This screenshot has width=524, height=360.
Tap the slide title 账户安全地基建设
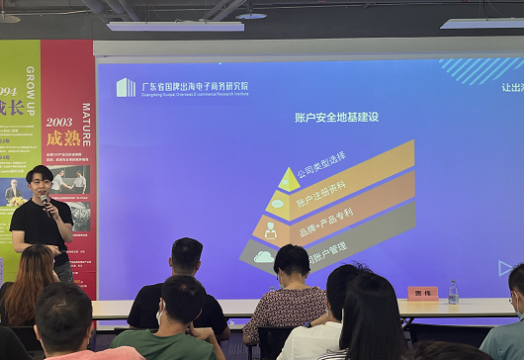[x=336, y=117]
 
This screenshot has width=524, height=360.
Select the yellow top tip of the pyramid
[x=288, y=179]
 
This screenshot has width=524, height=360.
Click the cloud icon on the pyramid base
[x=263, y=257]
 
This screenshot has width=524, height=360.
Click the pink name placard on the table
[x=422, y=293]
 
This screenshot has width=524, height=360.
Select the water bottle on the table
[x=453, y=291]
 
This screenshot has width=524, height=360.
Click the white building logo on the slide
[x=126, y=87]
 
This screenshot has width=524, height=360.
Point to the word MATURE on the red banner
[x=86, y=124]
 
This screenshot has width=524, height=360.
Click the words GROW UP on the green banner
[x=32, y=70]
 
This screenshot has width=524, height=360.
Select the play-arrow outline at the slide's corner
[x=504, y=268]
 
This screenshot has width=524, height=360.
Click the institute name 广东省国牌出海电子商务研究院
[x=195, y=86]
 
